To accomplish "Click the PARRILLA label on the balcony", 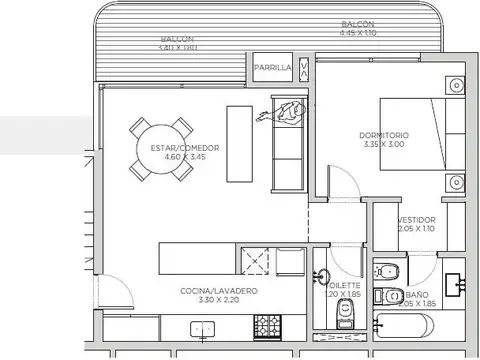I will coord(273,68).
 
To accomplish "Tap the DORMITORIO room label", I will coord(384,134).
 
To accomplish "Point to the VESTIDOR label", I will coord(415,219).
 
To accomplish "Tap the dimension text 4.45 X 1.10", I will coord(357,32).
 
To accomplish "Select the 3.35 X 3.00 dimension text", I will coord(384,144).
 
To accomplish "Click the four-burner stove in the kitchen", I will coord(268,326).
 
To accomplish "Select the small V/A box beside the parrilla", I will coord(304,68).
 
